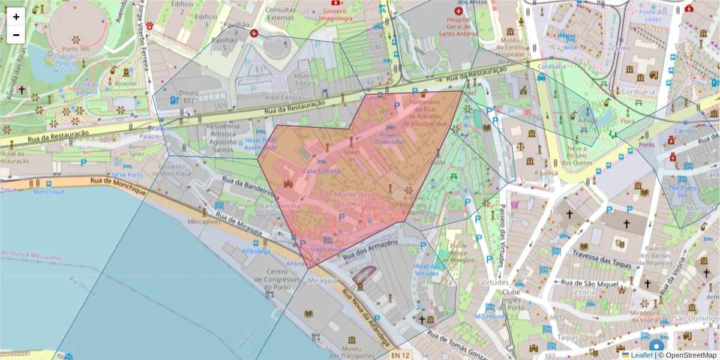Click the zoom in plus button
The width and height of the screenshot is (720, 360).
pyautogui.click(x=16, y=17)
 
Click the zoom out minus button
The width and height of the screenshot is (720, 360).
pyautogui.click(x=16, y=35)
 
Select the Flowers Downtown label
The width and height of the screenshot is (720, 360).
pyautogui.click(x=390, y=139)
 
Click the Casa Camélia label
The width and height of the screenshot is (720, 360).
pyautogui.click(x=322, y=171)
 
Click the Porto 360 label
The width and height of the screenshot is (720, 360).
pyautogui.click(x=76, y=49)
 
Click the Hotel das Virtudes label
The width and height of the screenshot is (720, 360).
pyautogui.click(x=427, y=269)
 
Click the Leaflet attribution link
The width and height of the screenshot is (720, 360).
pyautogui.click(x=641, y=355)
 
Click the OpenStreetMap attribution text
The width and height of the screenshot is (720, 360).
pyautogui.click(x=690, y=355)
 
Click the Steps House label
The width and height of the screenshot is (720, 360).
pyautogui.click(x=327, y=249)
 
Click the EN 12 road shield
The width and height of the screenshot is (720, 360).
pyautogui.click(x=401, y=355)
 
